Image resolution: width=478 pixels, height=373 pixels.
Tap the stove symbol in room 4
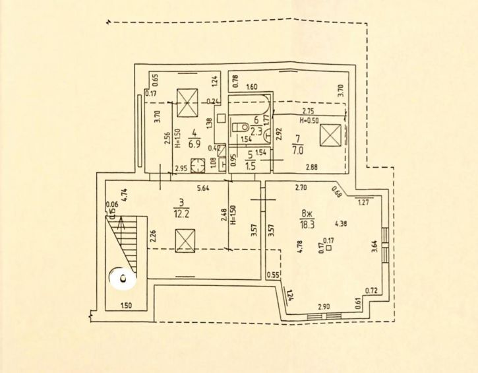click(x=196, y=165)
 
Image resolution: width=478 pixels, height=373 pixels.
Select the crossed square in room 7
click(x=330, y=137)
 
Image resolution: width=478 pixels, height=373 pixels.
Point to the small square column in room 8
click(x=328, y=249)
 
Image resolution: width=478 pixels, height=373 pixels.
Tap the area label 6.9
click(x=194, y=142)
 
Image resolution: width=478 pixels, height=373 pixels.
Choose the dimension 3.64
click(x=374, y=246)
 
